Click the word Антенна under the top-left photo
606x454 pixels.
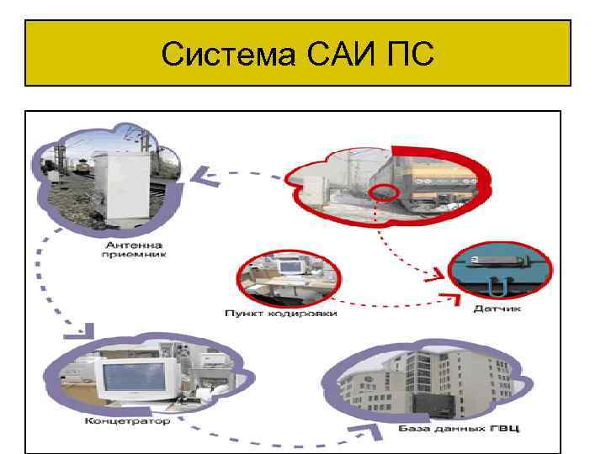[x=128, y=243]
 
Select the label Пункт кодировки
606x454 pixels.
[x=280, y=314]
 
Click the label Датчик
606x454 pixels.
[x=498, y=309]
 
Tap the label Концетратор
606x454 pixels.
[x=127, y=420]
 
